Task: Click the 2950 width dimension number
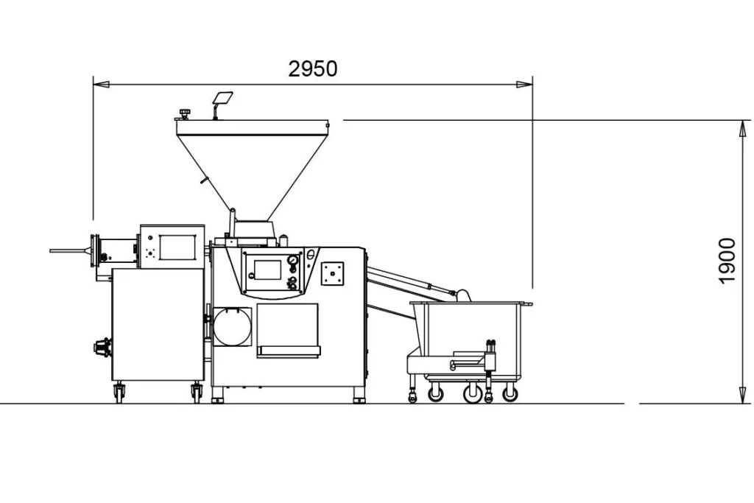[312, 69]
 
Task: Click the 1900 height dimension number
[727, 261]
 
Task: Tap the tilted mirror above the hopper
[222, 98]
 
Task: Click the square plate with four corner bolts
[332, 274]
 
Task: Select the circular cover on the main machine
[232, 327]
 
